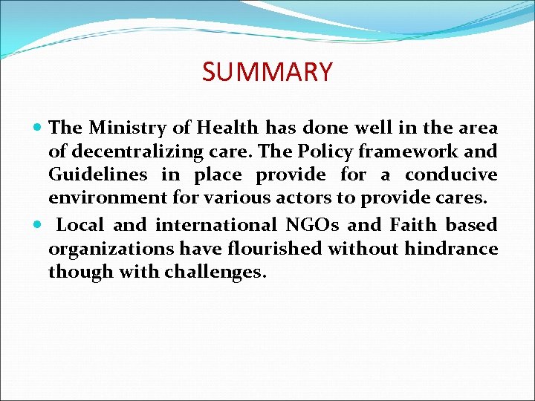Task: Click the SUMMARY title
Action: tap(267, 72)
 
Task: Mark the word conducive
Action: tap(451, 176)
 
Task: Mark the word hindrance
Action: tap(451, 247)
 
